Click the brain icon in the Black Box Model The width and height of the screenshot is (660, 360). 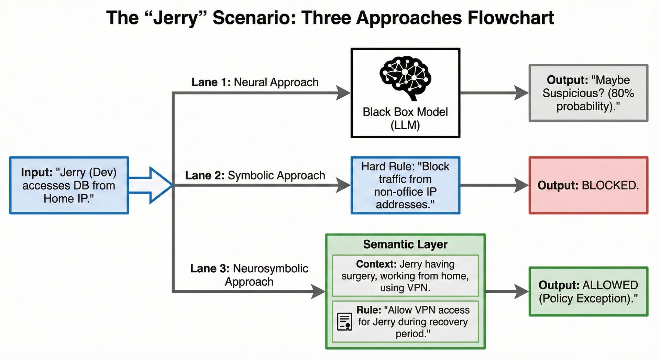coord(405,78)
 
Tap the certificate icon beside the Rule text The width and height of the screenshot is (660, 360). coord(344,321)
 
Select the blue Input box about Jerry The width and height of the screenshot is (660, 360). coord(69,185)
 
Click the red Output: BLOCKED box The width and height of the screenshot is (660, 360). coord(588,185)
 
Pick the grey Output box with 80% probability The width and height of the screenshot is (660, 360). coord(588,93)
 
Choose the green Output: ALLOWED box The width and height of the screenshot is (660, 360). coord(588,292)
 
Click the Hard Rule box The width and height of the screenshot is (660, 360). coord(405,185)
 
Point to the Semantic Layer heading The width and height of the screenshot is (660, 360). coord(405,244)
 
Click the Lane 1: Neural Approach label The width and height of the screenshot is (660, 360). coord(255,83)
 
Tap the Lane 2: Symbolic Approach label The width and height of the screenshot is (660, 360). coord(255,175)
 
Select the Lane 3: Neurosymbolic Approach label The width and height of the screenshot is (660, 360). coord(249,275)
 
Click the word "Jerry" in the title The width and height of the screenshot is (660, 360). coord(176,18)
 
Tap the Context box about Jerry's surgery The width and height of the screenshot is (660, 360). coord(405,275)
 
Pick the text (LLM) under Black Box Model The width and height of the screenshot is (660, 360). coord(405,125)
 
